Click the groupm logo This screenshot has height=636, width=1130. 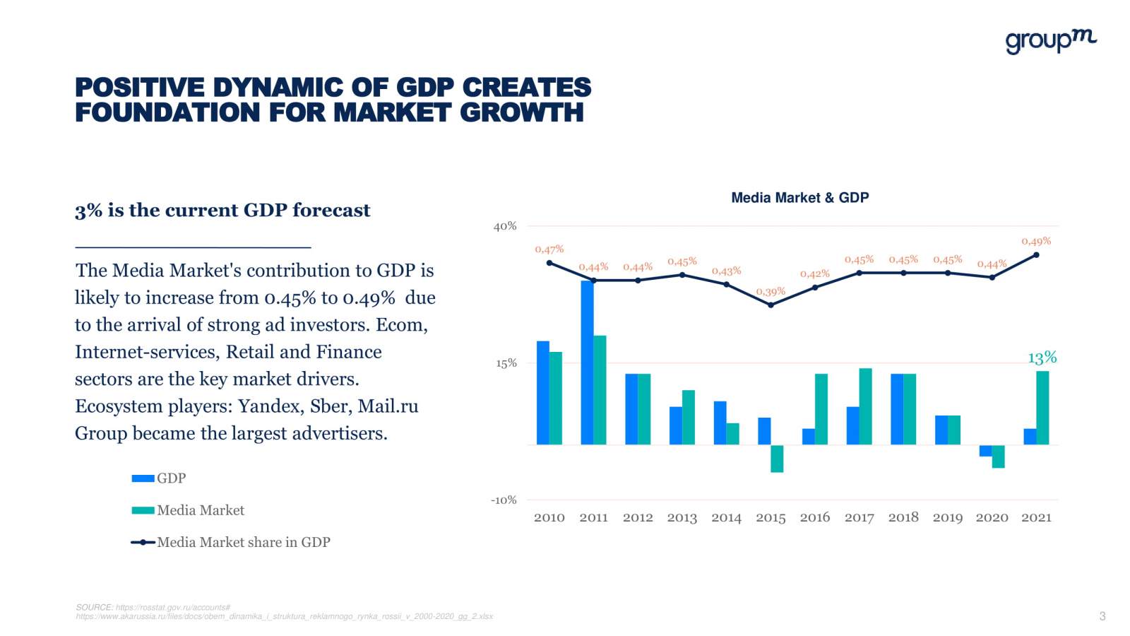pos(1051,41)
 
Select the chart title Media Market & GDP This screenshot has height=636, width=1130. pos(799,198)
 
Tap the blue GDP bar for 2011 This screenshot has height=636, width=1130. pos(587,363)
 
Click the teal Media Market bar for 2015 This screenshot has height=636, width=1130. pos(777,459)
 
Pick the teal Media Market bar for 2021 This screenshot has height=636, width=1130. pos(1042,408)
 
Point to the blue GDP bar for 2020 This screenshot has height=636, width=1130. pos(985,451)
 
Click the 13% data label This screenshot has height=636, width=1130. pos(1042,358)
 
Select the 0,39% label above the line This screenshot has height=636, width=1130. pos(771,291)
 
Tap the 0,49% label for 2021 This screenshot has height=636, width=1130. pos(1036,241)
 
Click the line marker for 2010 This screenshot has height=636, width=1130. pos(549,263)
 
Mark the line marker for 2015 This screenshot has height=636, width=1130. pos(771,305)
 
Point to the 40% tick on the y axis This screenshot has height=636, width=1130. pos(505,226)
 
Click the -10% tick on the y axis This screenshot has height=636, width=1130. pos(504,500)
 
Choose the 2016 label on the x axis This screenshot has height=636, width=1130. pos(814,517)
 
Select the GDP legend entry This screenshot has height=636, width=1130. pos(171,478)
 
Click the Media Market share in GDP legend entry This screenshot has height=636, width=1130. pos(243,542)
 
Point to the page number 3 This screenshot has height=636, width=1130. pos(1102,616)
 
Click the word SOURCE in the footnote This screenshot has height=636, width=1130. pos(94,607)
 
